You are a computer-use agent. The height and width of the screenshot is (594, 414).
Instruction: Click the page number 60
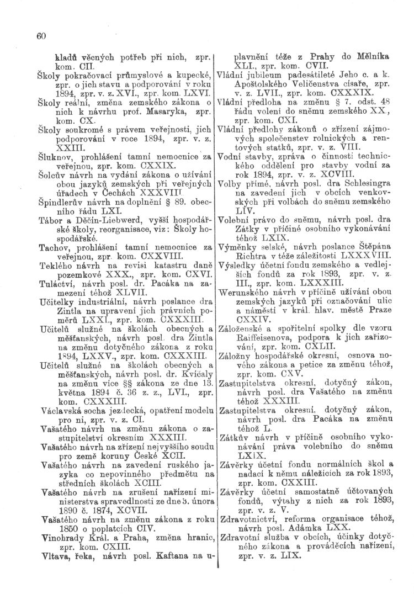[40, 36]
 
